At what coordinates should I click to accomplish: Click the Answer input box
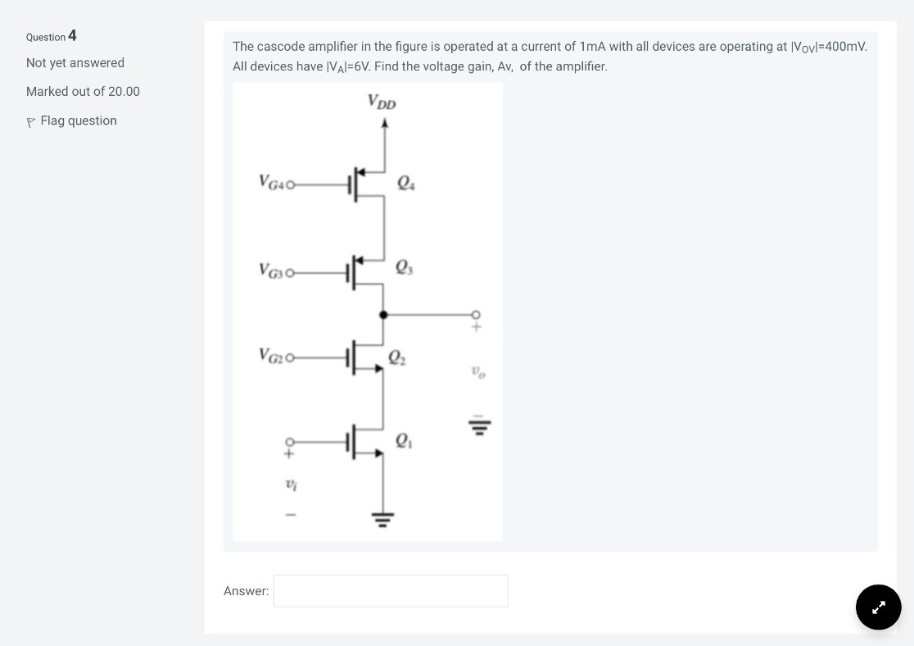click(x=390, y=590)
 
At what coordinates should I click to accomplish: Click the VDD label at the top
click(x=382, y=102)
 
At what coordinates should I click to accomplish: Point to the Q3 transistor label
click(x=404, y=266)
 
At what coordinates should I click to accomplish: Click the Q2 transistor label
click(x=396, y=357)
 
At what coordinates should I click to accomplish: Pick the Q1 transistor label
click(x=404, y=440)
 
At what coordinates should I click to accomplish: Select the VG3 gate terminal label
click(x=272, y=269)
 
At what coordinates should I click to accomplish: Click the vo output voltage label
click(x=478, y=373)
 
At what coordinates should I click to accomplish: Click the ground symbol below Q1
click(x=382, y=517)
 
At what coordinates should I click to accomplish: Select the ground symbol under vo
click(x=479, y=425)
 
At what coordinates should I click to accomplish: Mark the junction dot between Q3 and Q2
click(x=383, y=314)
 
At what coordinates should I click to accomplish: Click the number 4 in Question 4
click(x=73, y=35)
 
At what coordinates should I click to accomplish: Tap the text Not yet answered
click(x=75, y=63)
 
